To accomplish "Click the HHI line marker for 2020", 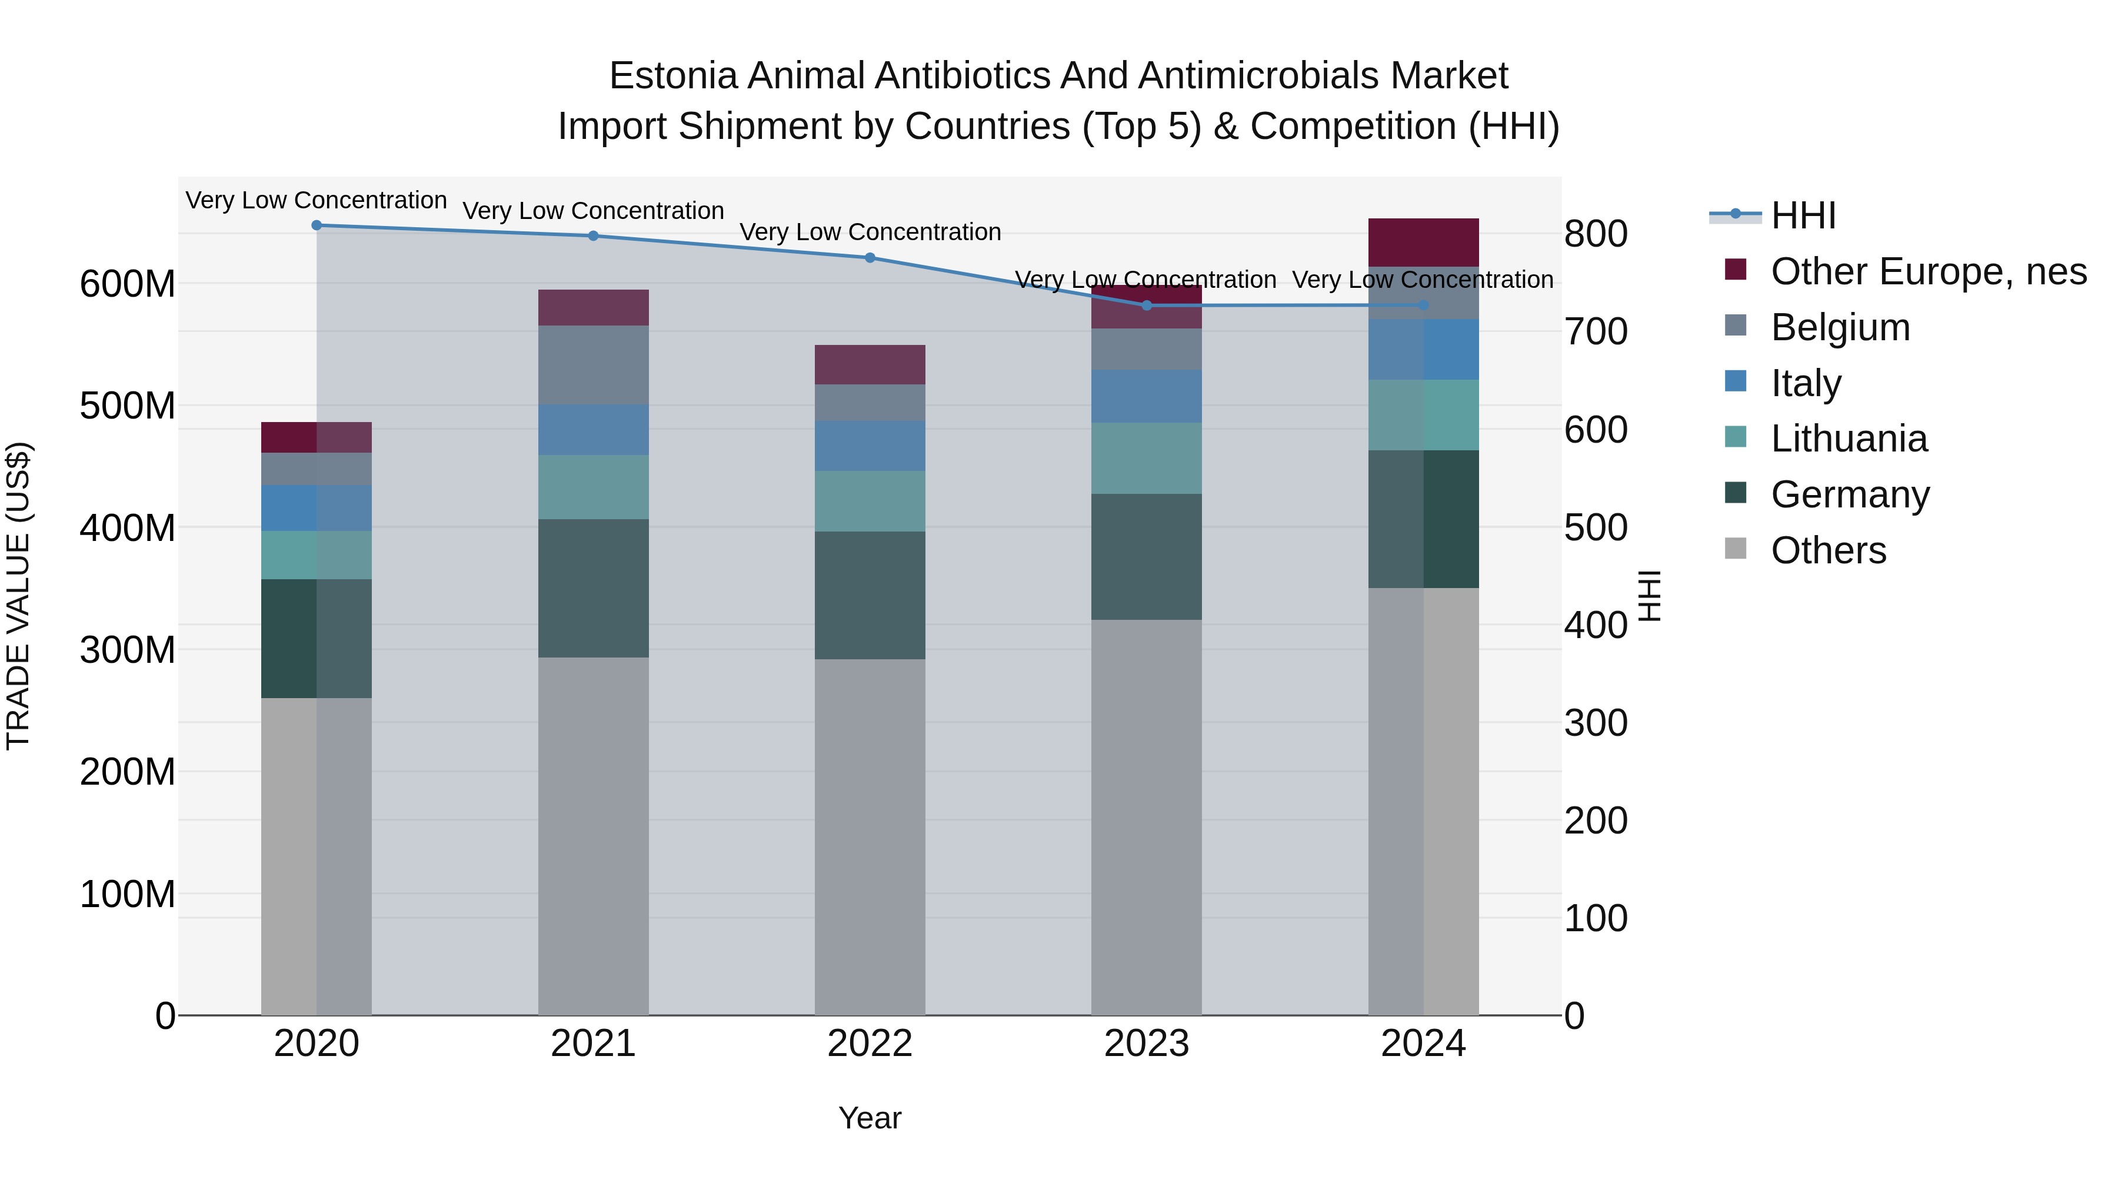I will [x=317, y=225].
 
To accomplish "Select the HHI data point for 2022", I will [x=870, y=257].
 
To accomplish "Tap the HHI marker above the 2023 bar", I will [x=1147, y=305].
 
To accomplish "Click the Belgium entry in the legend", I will [x=1840, y=327].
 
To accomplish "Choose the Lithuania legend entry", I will [x=1849, y=439].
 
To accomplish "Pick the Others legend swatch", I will [x=1735, y=549].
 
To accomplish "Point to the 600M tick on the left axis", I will [x=128, y=285].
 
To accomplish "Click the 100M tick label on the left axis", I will [x=128, y=894].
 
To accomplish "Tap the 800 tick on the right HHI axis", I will [x=1595, y=234].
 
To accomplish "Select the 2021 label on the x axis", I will [x=593, y=1044].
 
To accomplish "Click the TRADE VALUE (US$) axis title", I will [x=18, y=596].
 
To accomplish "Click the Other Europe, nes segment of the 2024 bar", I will [x=1423, y=242].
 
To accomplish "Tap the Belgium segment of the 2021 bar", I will [x=593, y=364].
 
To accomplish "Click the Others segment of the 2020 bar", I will [x=317, y=855].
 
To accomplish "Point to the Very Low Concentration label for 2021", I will [x=593, y=211].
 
